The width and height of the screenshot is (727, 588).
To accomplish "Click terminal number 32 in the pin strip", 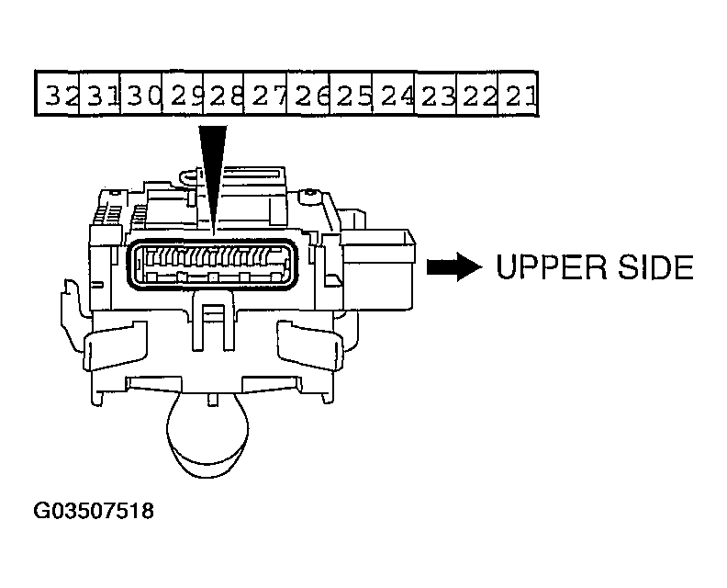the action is pos(58,94).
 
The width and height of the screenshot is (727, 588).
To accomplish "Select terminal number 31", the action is pos(100,94).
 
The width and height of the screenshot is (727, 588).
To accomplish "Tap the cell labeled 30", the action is pos(141,94).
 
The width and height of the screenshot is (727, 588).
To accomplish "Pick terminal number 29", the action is pos(183,94).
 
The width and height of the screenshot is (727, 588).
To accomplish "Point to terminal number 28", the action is pos(223,94).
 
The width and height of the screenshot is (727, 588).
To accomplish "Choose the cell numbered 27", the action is pos(265,94).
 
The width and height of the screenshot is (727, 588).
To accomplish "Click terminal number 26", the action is pos(308,94).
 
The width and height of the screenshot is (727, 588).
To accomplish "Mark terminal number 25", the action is pos(351,94).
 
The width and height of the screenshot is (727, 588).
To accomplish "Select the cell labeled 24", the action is pos(394,94).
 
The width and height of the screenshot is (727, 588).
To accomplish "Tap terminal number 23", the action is pos(436,94).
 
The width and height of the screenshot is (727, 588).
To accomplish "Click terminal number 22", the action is pos(477,94).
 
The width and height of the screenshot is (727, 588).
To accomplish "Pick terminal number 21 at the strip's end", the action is pos(518,94).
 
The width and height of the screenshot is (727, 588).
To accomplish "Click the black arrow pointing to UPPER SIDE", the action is pos(453,266).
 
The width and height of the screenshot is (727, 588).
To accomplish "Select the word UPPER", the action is pos(552,266).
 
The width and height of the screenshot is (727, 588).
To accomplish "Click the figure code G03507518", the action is pos(94,511).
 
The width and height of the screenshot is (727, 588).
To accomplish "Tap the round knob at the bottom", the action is pos(207,437).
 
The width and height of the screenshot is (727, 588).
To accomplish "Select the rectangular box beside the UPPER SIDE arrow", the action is pos(377,269).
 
